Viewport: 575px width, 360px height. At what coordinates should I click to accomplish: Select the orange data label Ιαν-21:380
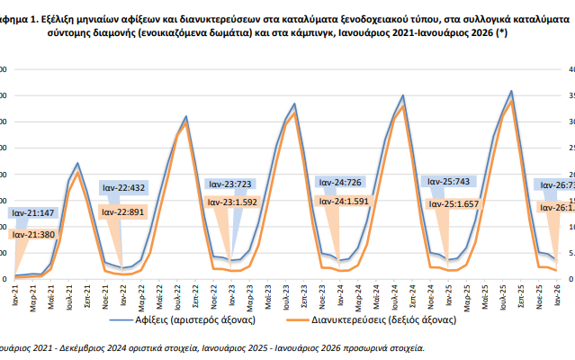click(x=34, y=234)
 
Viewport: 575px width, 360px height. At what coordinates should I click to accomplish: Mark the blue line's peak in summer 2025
click(x=511, y=91)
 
